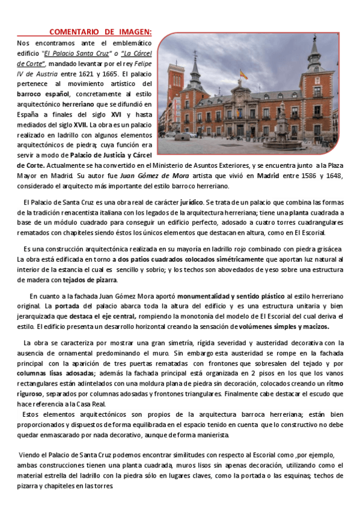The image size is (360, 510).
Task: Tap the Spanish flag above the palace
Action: tap(243, 75)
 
